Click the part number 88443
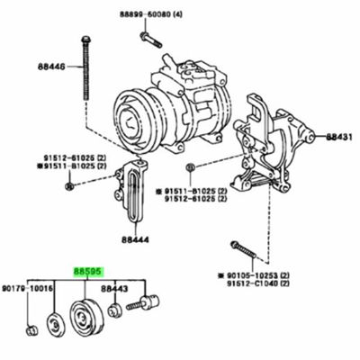113,288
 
